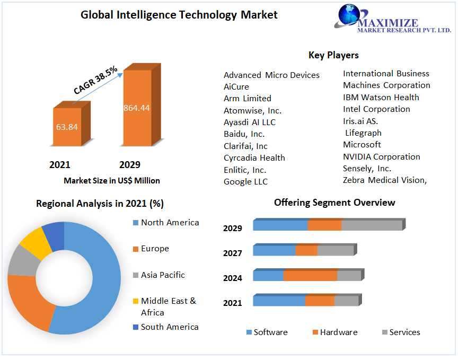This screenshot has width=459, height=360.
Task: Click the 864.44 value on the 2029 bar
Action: point(137,108)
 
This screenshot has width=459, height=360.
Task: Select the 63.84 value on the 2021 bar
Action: point(67,127)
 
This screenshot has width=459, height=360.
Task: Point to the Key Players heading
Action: point(333,55)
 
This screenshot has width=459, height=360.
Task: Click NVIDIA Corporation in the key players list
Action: point(381,157)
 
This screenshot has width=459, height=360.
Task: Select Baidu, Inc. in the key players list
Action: point(244,134)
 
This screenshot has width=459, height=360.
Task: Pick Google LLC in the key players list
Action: point(245,182)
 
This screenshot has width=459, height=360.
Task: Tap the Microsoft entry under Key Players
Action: point(362,145)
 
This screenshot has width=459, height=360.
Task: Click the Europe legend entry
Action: point(155,249)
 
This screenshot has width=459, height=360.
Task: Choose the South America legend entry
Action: point(170,327)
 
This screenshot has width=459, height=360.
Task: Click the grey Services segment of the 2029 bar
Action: point(372,225)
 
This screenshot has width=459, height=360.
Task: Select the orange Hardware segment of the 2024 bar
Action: point(310,276)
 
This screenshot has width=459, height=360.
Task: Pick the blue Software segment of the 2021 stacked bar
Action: point(279,301)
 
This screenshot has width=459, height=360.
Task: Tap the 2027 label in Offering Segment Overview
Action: point(233,253)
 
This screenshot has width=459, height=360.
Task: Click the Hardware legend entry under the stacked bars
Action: point(338,332)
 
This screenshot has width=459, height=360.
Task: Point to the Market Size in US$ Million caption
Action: point(112,181)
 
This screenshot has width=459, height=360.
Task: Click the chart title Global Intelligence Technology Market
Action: point(179,15)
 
